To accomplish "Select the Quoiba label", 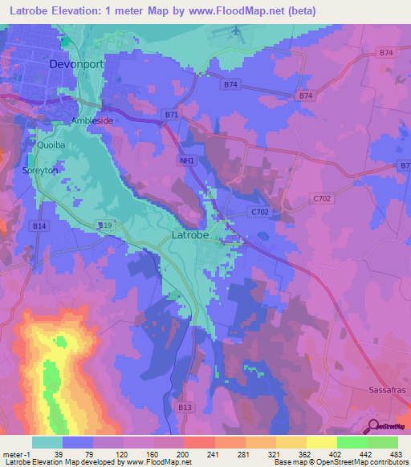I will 51,145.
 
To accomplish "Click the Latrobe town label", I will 191,236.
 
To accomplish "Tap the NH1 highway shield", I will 186,160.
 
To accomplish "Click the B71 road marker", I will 171,116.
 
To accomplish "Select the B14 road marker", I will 40,227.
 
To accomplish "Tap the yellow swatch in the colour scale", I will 321,442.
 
